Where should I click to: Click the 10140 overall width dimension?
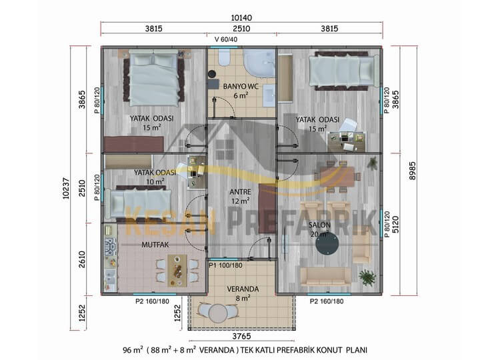(x=242, y=17)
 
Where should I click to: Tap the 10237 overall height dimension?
(x=66, y=188)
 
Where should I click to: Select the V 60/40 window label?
(x=226, y=39)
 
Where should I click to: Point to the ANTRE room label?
(x=240, y=192)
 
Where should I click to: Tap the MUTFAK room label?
(x=155, y=245)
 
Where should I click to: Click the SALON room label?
(x=319, y=225)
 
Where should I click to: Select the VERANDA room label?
(x=243, y=289)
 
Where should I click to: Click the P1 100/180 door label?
(x=225, y=265)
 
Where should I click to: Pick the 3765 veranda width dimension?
(x=241, y=336)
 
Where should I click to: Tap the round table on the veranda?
(x=218, y=314)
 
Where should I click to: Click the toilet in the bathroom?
(x=224, y=57)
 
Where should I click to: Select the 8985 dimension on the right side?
(x=412, y=171)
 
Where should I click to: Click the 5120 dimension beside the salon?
(x=395, y=225)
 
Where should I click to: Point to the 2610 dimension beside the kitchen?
(x=82, y=259)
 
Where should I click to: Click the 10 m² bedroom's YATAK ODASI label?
(x=155, y=173)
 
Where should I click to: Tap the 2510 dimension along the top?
(x=241, y=29)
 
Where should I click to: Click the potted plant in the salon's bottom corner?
(x=367, y=277)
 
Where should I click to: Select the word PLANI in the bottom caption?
(x=357, y=350)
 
